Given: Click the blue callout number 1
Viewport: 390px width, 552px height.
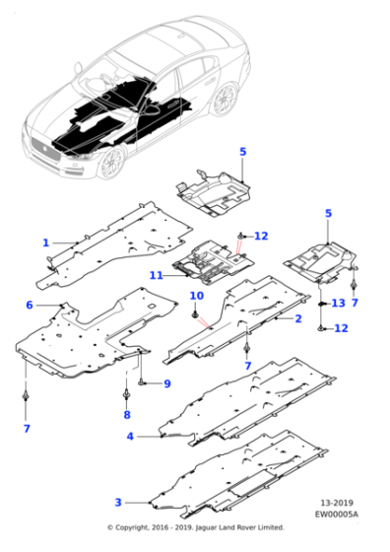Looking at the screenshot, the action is point(45,242).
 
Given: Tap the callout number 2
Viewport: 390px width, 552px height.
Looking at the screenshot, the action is point(298,318).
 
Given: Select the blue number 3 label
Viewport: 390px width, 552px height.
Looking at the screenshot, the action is point(118,503).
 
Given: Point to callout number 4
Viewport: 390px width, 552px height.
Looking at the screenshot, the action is point(130,437).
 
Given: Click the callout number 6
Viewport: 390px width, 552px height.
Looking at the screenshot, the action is point(30,305).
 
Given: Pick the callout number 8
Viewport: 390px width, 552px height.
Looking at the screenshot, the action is point(127,415).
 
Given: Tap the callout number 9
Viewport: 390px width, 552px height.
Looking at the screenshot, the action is point(167,383).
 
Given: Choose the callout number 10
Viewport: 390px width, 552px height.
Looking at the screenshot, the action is point(197,296).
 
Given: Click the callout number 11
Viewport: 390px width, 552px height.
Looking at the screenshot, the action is point(157,275).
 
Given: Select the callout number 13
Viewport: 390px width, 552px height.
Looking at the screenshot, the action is point(339,303).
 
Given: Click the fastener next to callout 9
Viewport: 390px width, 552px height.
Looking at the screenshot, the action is point(141,381).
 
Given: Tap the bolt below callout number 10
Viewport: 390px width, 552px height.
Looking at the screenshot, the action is point(194,313).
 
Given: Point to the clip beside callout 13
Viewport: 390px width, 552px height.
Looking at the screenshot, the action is point(321,304).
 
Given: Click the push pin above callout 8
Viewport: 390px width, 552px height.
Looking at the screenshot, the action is point(126,394).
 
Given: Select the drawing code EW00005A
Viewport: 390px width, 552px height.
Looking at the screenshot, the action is point(337,515).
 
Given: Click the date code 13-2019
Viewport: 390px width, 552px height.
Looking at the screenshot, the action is point(337,503).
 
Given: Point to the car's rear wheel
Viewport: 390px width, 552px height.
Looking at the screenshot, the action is point(225,100).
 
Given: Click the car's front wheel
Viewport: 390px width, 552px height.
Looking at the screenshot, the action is point(112,163).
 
